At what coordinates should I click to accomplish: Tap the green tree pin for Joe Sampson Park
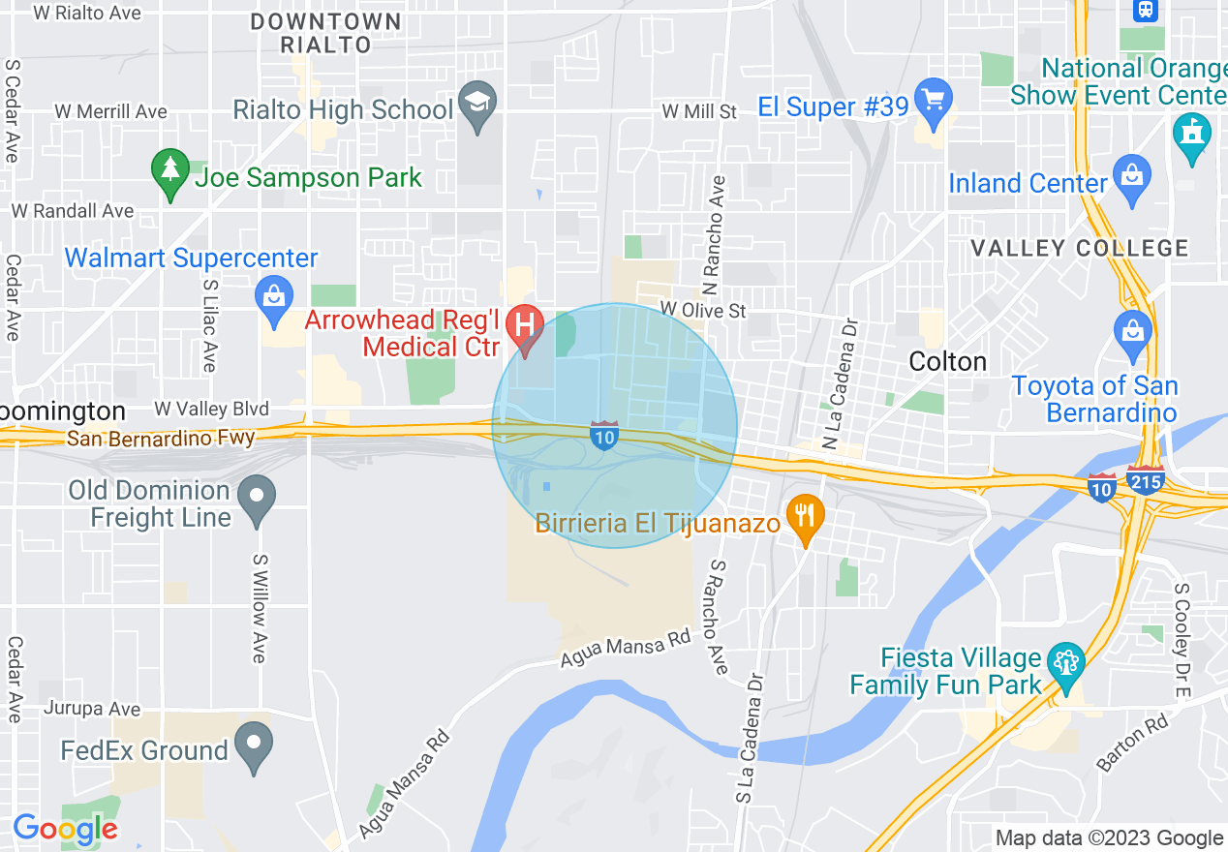pos(170,171)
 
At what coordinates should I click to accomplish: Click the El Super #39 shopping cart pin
pos(934,101)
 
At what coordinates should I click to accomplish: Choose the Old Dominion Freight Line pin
pos(257,498)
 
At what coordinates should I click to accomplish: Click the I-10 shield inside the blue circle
pos(604,436)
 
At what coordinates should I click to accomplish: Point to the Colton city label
pos(948,362)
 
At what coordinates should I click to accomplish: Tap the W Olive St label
pos(703,310)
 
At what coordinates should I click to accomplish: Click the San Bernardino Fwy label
pos(161,439)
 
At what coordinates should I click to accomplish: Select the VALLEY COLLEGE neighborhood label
pos(1079,249)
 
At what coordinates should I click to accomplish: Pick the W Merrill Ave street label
pos(110,111)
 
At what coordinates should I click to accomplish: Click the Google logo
pos(65,829)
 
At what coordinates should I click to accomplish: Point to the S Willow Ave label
pos(259,608)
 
